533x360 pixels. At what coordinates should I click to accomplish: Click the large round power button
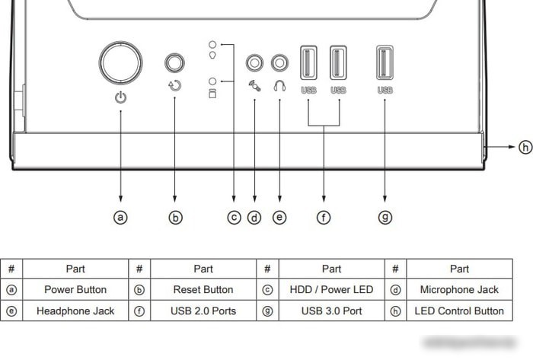click(120, 63)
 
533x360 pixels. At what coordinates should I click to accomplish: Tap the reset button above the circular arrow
click(174, 62)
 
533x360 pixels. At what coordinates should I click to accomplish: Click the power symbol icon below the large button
click(120, 97)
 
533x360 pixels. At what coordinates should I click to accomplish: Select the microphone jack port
click(254, 63)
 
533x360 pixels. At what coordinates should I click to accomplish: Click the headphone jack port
click(279, 63)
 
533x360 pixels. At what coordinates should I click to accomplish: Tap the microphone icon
click(254, 86)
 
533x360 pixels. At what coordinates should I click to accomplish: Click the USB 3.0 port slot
click(385, 63)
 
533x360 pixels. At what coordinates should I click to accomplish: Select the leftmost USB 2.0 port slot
click(308, 63)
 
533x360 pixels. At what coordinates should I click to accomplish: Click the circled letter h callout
click(525, 147)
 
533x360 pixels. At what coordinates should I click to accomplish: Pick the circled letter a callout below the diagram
click(120, 218)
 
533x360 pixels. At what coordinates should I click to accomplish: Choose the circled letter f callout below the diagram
click(324, 218)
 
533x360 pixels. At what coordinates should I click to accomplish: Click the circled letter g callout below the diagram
click(385, 218)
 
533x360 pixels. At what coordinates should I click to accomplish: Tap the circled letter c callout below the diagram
click(234, 218)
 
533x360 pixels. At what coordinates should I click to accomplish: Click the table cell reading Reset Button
click(203, 290)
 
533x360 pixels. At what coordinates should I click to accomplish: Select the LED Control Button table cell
click(459, 311)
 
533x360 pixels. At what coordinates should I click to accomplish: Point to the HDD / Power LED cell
click(331, 290)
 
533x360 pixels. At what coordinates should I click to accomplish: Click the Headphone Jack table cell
click(75, 311)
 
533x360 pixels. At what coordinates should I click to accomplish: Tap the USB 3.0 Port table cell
click(331, 311)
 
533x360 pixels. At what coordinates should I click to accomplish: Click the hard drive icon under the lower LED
click(212, 94)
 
